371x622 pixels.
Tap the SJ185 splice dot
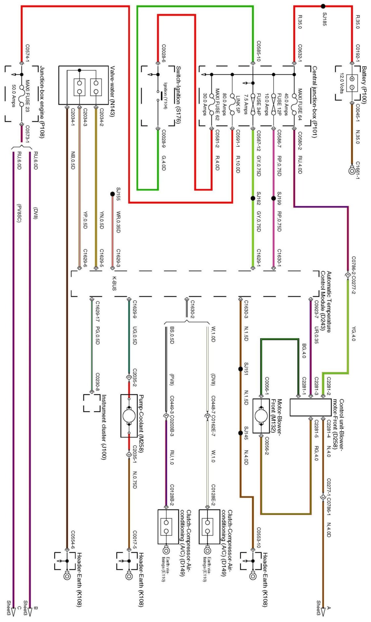pyautogui.click(x=323, y=6)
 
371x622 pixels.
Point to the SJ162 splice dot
pyautogui.click(x=253, y=198)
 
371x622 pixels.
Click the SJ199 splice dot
pyautogui.click(x=274, y=198)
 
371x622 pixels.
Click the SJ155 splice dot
pyautogui.click(x=113, y=194)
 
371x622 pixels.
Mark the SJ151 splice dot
pyautogui.click(x=240, y=369)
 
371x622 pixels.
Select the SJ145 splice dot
pyautogui.click(x=240, y=433)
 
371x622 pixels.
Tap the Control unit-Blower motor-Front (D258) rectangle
pyautogui.click(x=310, y=407)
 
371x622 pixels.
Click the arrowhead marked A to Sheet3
pyautogui.click(x=323, y=611)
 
